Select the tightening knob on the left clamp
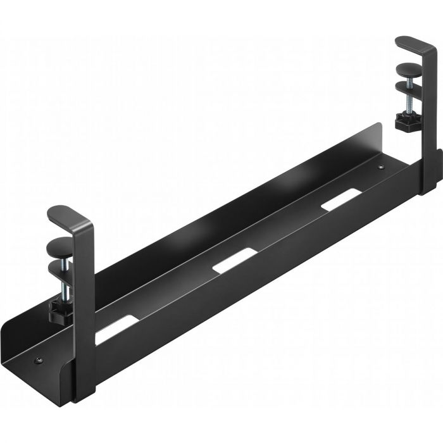(58, 309)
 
